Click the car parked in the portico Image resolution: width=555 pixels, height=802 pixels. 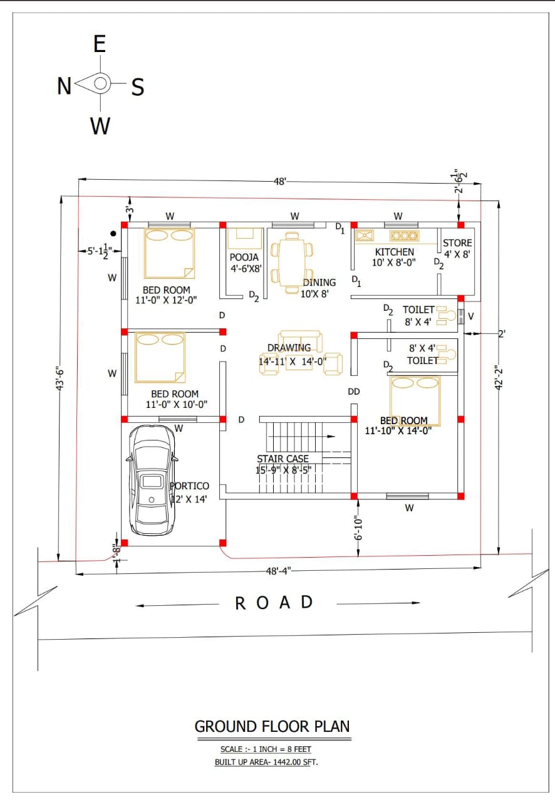point(152,480)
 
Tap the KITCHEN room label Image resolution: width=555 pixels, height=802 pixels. point(394,252)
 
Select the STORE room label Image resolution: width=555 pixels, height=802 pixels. point(457,243)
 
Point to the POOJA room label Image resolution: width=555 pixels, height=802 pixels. point(244,257)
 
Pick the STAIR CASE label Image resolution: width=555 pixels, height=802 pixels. point(283,459)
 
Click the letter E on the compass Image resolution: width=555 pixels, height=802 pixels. point(100,44)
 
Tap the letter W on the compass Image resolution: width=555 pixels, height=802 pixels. point(100,126)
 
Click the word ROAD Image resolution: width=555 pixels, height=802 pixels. point(274,603)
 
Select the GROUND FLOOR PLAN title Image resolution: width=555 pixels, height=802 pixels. point(272,726)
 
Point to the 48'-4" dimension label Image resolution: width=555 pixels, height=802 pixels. point(278,571)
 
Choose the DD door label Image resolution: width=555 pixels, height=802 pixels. point(354,392)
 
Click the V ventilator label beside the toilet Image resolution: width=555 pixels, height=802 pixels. point(471,316)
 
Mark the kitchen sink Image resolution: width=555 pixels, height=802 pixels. point(365,236)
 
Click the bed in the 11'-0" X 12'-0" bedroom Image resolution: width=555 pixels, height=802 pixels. point(169,253)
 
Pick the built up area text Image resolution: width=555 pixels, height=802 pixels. point(266,762)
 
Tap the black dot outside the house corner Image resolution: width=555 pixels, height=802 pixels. point(113,234)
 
